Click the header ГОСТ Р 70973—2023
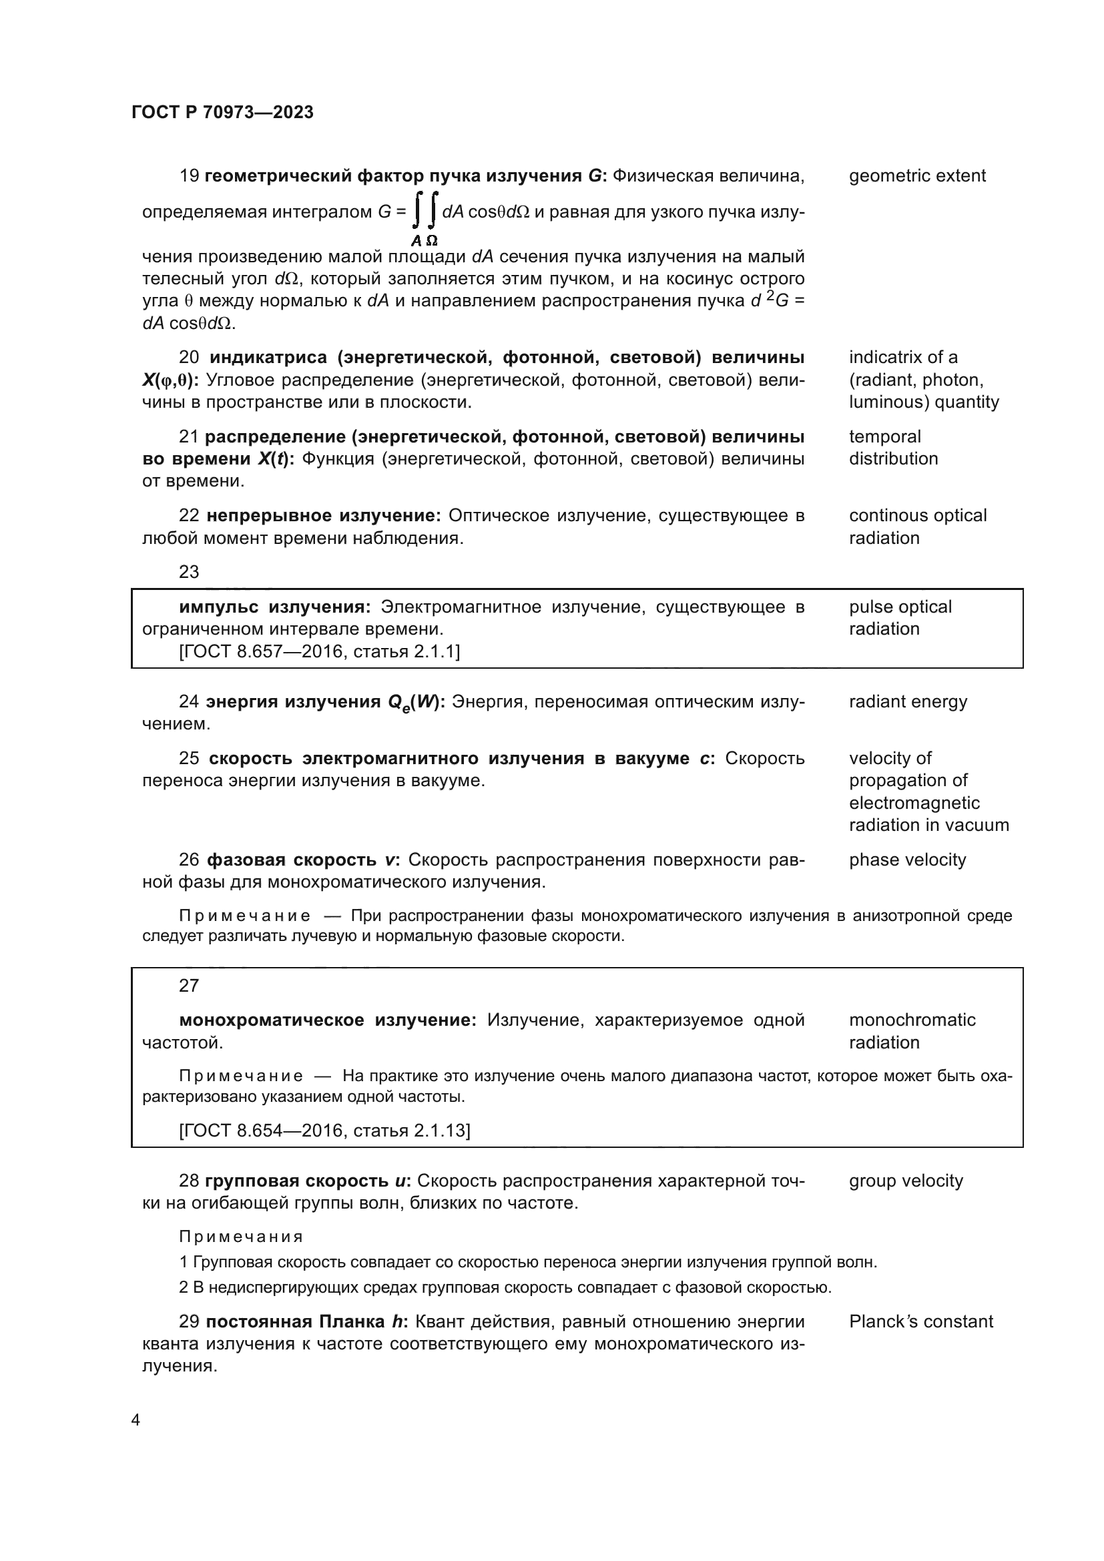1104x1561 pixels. pyautogui.click(x=222, y=112)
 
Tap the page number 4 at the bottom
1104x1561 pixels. pyautogui.click(x=135, y=1420)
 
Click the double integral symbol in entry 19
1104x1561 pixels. pyautogui.click(x=426, y=211)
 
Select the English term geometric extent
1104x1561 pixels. pyautogui.click(x=917, y=176)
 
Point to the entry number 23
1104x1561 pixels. pyautogui.click(x=189, y=572)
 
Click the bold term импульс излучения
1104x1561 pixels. pyautogui.click(x=274, y=607)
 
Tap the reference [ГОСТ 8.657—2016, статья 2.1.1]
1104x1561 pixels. pyautogui.click(x=319, y=651)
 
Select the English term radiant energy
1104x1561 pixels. pyautogui.click(x=908, y=701)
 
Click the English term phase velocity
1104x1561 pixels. pyautogui.click(x=907, y=860)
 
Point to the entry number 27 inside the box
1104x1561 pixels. pyautogui.click(x=189, y=985)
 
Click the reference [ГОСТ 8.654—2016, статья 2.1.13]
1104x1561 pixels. pyautogui.click(x=324, y=1130)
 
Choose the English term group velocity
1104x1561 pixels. pyautogui.click(x=906, y=1181)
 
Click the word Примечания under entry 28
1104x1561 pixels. pyautogui.click(x=241, y=1236)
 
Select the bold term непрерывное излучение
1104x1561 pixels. pyautogui.click(x=324, y=515)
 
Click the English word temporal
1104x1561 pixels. pyautogui.click(x=884, y=436)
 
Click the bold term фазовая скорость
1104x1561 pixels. pyautogui.click(x=291, y=860)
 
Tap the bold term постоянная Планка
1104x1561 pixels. pyautogui.click(x=295, y=1321)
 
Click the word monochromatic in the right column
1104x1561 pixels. pyautogui.click(x=912, y=1020)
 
